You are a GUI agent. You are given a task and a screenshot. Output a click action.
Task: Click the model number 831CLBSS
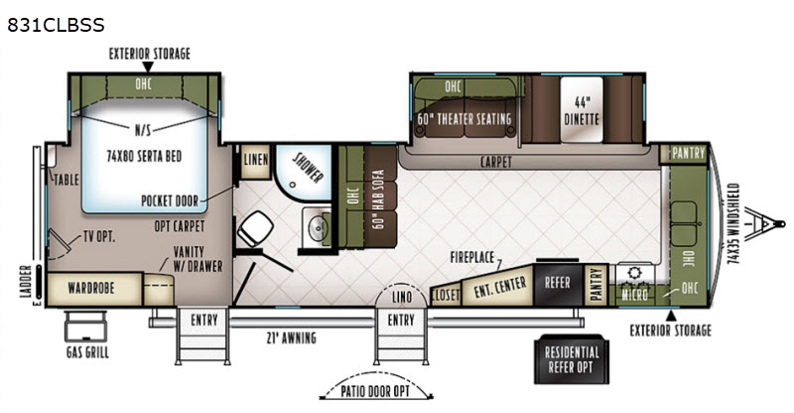pyautogui.click(x=56, y=25)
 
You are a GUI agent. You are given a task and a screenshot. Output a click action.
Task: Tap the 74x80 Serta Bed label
pyautogui.click(x=144, y=156)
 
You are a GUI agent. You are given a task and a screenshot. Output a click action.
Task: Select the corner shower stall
pyautogui.click(x=303, y=173)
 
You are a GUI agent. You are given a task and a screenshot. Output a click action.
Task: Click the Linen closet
pyautogui.click(x=256, y=162)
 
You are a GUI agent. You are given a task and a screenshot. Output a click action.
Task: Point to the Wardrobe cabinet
pyautogui.click(x=93, y=289)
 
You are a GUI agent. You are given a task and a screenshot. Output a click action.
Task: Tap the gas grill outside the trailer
pyautogui.click(x=85, y=327)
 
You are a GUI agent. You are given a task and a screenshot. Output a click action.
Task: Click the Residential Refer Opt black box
pyautogui.click(x=572, y=359)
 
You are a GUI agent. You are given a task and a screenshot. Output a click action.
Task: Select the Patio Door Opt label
pyautogui.click(x=375, y=391)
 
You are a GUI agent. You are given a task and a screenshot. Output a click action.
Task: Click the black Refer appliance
pyautogui.click(x=558, y=284)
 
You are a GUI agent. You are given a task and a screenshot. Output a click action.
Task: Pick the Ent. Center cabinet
pyautogui.click(x=499, y=287)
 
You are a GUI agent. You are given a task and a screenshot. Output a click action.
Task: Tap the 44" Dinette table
pyautogui.click(x=582, y=110)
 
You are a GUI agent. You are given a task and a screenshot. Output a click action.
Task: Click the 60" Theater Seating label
pyautogui.click(x=464, y=119)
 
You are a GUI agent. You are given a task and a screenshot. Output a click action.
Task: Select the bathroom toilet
pyautogui.click(x=255, y=229)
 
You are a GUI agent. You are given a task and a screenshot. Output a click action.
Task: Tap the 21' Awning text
pyautogui.click(x=291, y=338)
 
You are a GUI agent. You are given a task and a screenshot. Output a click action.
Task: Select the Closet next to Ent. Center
pyautogui.click(x=446, y=294)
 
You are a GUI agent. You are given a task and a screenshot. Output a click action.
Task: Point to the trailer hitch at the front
pyautogui.click(x=764, y=223)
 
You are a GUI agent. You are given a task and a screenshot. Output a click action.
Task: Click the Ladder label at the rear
pyautogui.click(x=26, y=281)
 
